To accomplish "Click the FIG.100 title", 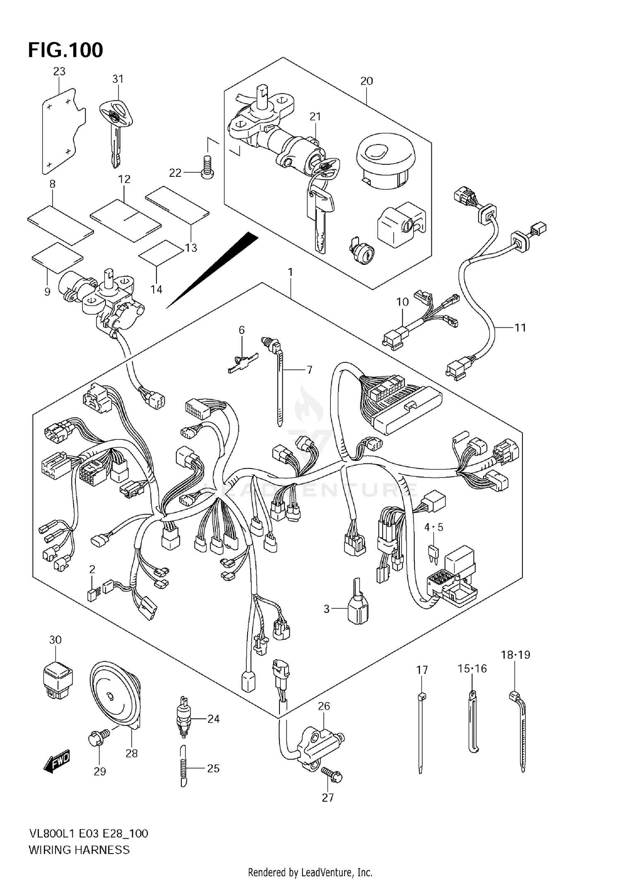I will [x=65, y=50].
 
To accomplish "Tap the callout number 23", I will [x=59, y=71].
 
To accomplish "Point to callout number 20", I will [x=366, y=81].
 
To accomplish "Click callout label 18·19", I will [x=515, y=655].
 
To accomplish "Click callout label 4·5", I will [x=433, y=527].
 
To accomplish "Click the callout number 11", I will [x=520, y=328].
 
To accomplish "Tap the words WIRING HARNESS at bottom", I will [x=79, y=850].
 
